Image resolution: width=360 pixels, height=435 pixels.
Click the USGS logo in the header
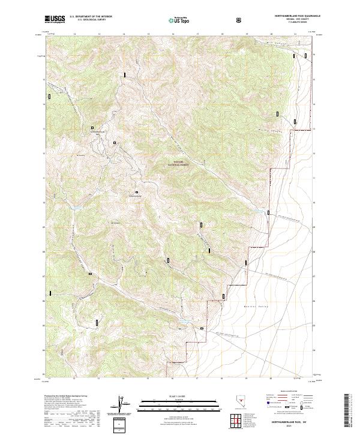(x=54, y=20)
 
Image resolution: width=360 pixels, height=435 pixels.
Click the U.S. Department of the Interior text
(x=91, y=17)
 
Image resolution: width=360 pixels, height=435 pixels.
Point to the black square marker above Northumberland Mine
(x=92, y=127)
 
